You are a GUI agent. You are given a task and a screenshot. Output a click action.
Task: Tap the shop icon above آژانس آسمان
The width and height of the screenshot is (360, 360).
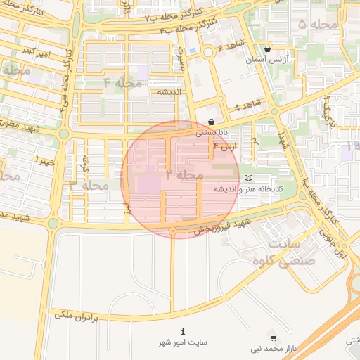tap(267, 49)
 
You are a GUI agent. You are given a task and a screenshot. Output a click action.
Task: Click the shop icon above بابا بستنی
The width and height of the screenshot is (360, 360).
tap(212, 122)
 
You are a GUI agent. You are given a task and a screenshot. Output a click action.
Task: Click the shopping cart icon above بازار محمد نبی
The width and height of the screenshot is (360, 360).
tap(273, 337)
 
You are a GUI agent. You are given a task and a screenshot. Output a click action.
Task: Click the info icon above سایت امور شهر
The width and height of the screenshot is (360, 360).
tap(183, 331)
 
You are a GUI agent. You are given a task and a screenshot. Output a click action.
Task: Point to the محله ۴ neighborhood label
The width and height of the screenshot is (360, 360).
tap(122, 83)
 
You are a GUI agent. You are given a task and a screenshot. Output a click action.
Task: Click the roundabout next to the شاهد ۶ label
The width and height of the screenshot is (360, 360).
tap(208, 53)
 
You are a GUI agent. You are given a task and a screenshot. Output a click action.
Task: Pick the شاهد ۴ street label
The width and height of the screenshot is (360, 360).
tap(247, 105)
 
